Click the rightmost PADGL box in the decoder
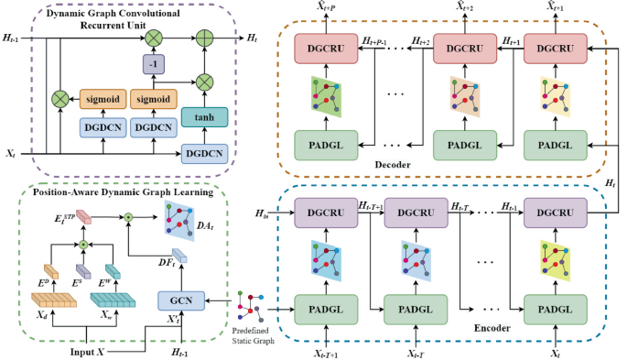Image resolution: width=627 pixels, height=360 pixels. (554, 145)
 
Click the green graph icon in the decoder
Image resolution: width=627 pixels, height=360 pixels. (324, 97)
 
